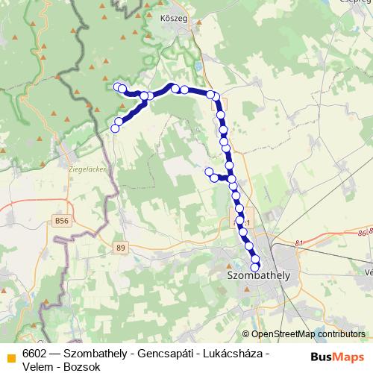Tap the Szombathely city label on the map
pyautogui.click(x=257, y=275)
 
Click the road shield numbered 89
pyautogui.click(x=122, y=247)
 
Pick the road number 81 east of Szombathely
pyautogui.click(x=300, y=243)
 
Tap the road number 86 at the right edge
pyautogui.click(x=363, y=233)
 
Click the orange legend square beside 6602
pyautogui.click(x=11, y=356)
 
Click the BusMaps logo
pyautogui.click(x=336, y=357)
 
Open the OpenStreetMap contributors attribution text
pyautogui.click(x=308, y=335)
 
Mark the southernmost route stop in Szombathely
pyautogui.click(x=255, y=267)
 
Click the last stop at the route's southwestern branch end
pyautogui.click(x=115, y=128)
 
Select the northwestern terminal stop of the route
pyautogui.click(x=116, y=87)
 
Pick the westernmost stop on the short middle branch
pyautogui.click(x=209, y=172)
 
